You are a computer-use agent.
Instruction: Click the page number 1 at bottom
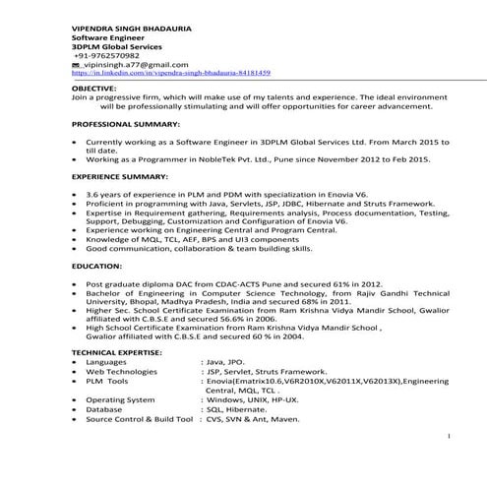(450, 434)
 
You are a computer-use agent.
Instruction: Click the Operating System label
(120, 399)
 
